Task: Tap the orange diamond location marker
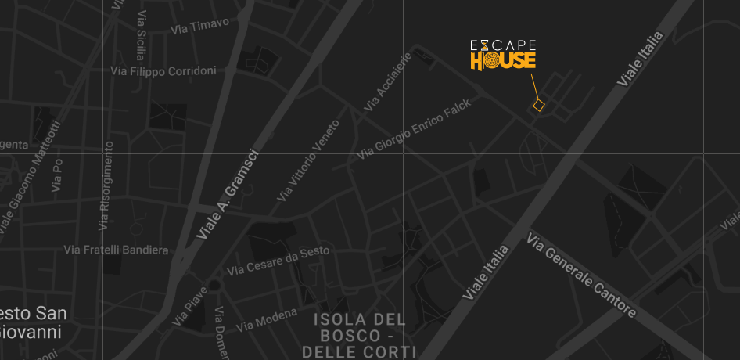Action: click(x=538, y=105)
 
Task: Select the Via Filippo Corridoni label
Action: click(x=163, y=71)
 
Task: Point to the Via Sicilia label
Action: click(x=140, y=36)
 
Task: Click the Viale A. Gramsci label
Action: click(x=227, y=196)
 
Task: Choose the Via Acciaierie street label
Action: click(x=388, y=81)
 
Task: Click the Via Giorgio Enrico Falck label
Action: click(x=415, y=129)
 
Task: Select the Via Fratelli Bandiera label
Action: click(x=116, y=250)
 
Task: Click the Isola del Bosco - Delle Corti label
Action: click(x=360, y=335)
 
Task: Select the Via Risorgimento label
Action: click(x=105, y=185)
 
